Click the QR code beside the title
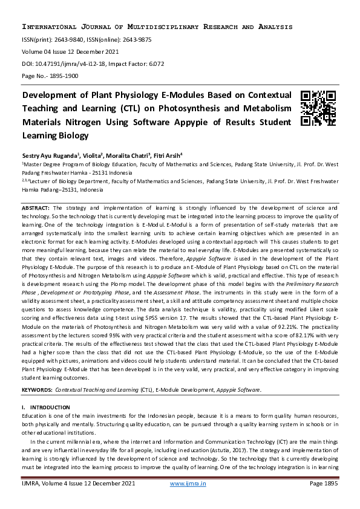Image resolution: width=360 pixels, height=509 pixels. tap(318, 108)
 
